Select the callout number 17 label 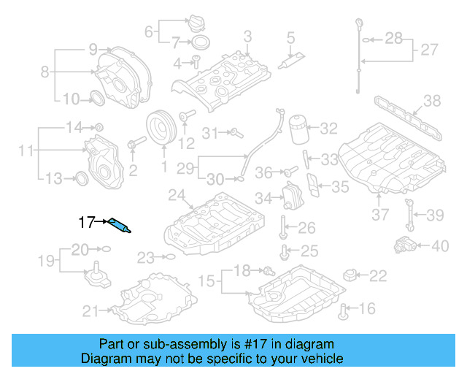coord(87,221)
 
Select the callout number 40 coord(439,246)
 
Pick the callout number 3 coord(247,36)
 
